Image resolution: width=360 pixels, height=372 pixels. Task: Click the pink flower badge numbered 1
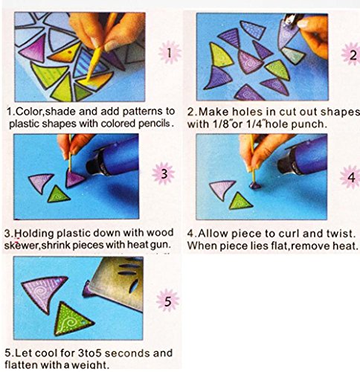click(170, 53)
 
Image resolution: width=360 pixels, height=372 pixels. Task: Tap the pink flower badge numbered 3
click(164, 173)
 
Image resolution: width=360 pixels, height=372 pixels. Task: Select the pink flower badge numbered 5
click(168, 301)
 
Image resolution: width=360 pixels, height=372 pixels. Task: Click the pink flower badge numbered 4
click(350, 177)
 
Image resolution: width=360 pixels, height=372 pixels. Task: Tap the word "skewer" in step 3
click(22, 245)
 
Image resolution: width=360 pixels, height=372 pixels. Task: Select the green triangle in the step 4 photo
click(240, 201)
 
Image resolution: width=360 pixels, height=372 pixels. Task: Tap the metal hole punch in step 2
click(290, 20)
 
